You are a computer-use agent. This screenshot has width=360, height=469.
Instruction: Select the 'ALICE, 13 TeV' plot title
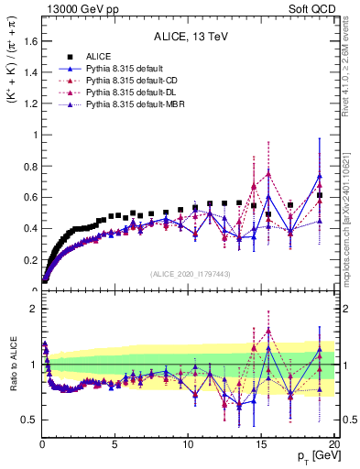pyautogui.click(x=189, y=38)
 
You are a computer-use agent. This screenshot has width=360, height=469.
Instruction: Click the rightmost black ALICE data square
pyautogui.click(x=320, y=195)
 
